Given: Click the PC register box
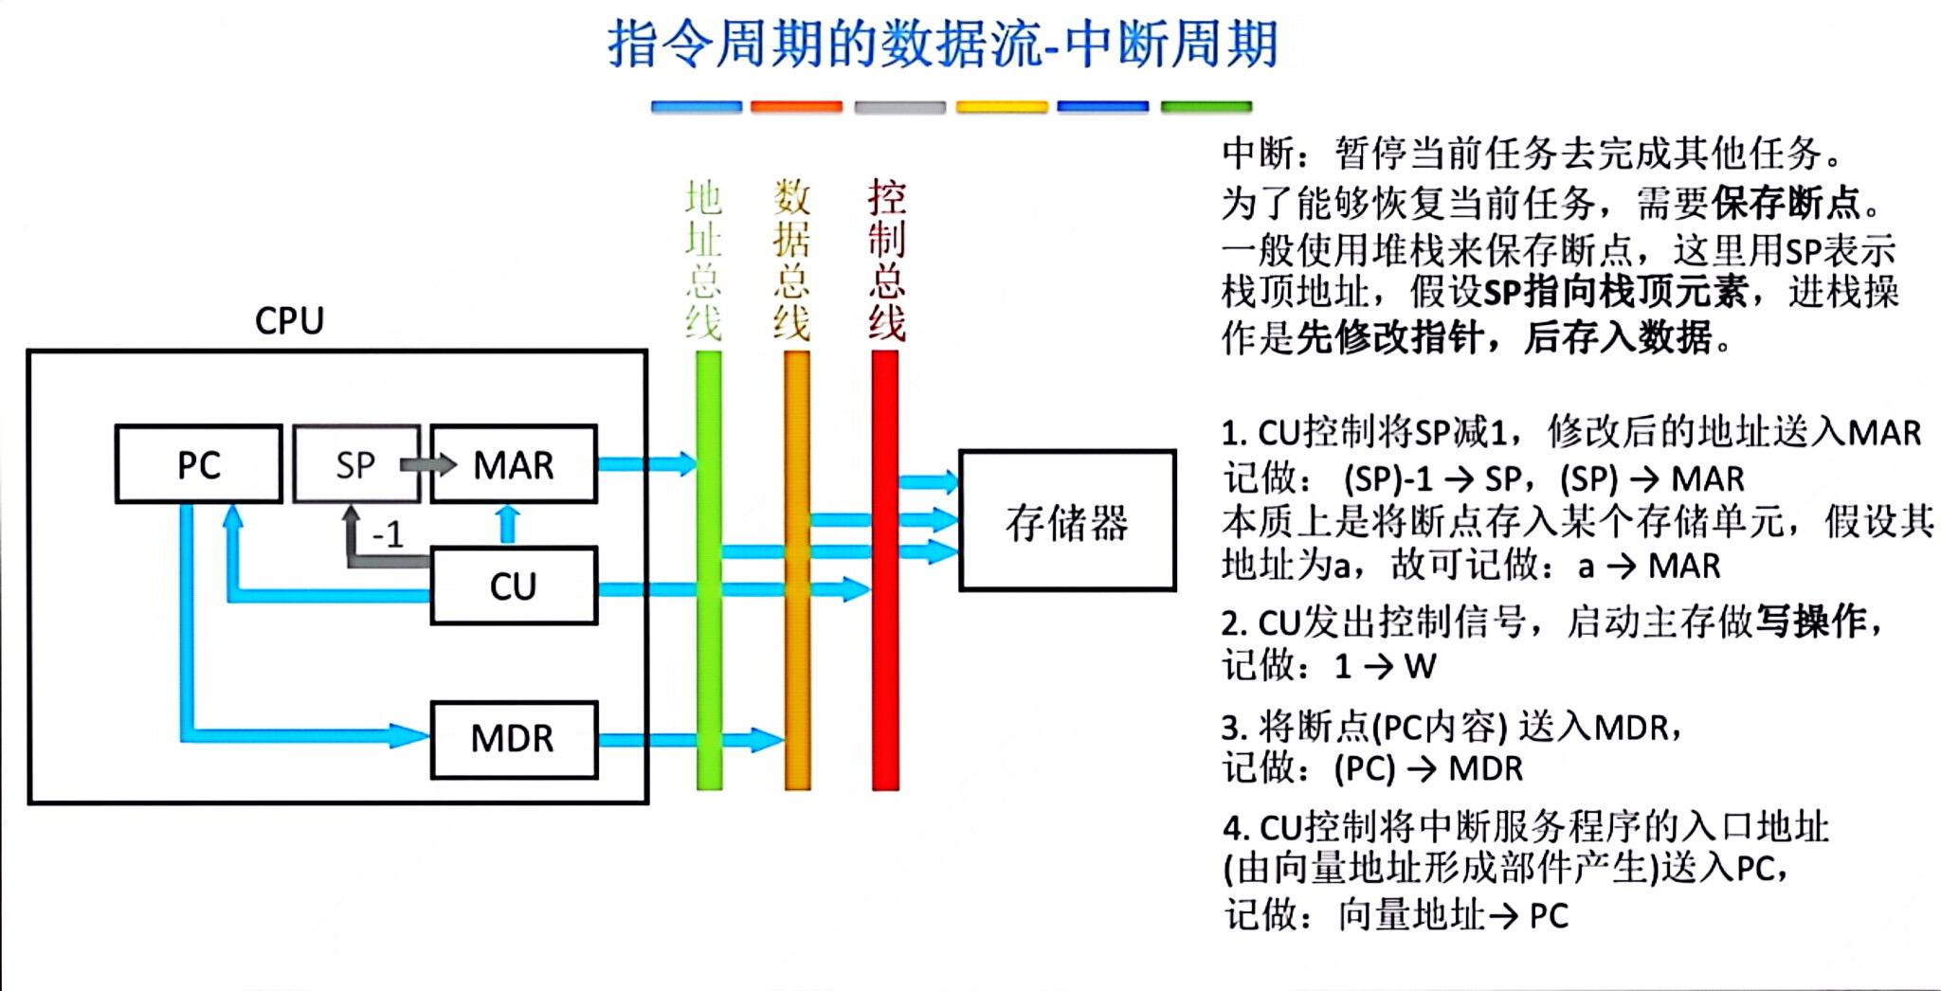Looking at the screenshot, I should tap(199, 464).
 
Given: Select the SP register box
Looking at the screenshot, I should tap(355, 464).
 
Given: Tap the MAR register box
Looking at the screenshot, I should tap(514, 464).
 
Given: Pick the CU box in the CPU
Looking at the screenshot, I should tap(514, 586).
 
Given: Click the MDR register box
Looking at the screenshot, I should tap(514, 739).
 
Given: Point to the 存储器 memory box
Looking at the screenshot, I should tap(1067, 521).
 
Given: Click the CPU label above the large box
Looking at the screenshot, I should tap(289, 321).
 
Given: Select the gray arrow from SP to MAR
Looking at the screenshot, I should tap(427, 464).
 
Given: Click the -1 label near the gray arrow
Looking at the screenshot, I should tap(387, 534).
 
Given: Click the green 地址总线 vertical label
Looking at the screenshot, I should tap(703, 260).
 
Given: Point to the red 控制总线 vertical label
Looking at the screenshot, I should tap(887, 260).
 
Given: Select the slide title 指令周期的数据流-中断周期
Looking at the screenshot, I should tap(943, 44).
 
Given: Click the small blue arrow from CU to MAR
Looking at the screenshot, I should tap(508, 524).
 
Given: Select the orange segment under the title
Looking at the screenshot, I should tap(796, 107).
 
